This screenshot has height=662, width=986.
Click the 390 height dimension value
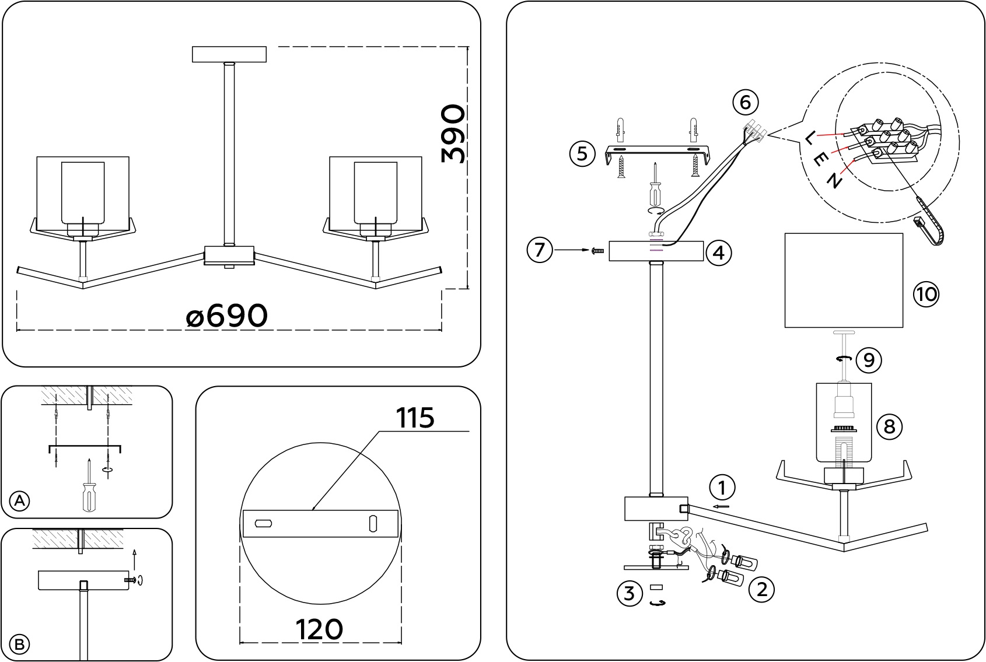[x=454, y=134]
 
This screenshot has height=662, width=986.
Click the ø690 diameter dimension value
[x=227, y=316]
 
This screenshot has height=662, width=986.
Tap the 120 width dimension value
[x=319, y=629]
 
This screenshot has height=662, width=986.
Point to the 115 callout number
[x=415, y=418]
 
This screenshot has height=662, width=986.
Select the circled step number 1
[x=722, y=487]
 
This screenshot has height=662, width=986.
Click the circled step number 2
[x=761, y=589]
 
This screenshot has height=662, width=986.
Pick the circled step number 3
[x=629, y=593]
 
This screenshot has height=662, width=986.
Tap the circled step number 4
[x=718, y=253]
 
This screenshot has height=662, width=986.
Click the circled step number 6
[x=745, y=102]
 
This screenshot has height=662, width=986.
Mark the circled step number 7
[x=539, y=250]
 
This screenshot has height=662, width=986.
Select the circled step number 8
[x=889, y=426]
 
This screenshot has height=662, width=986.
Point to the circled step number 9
[x=869, y=360]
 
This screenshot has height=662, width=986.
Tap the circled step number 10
[x=925, y=294]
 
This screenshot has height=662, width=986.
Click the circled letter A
[x=20, y=500]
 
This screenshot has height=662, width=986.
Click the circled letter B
[x=20, y=644]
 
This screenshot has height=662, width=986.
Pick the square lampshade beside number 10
[x=844, y=281]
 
